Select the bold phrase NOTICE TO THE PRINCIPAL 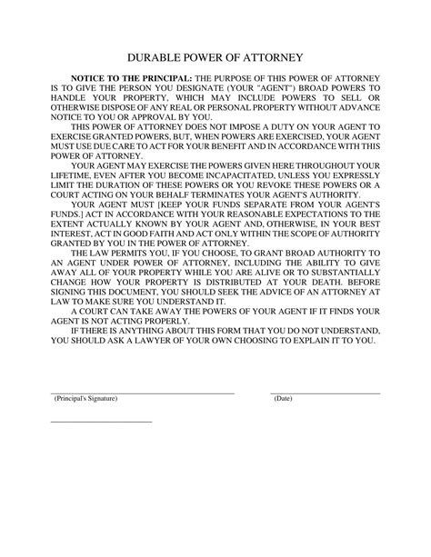(x=130, y=81)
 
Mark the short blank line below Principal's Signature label (x=100, y=421)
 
